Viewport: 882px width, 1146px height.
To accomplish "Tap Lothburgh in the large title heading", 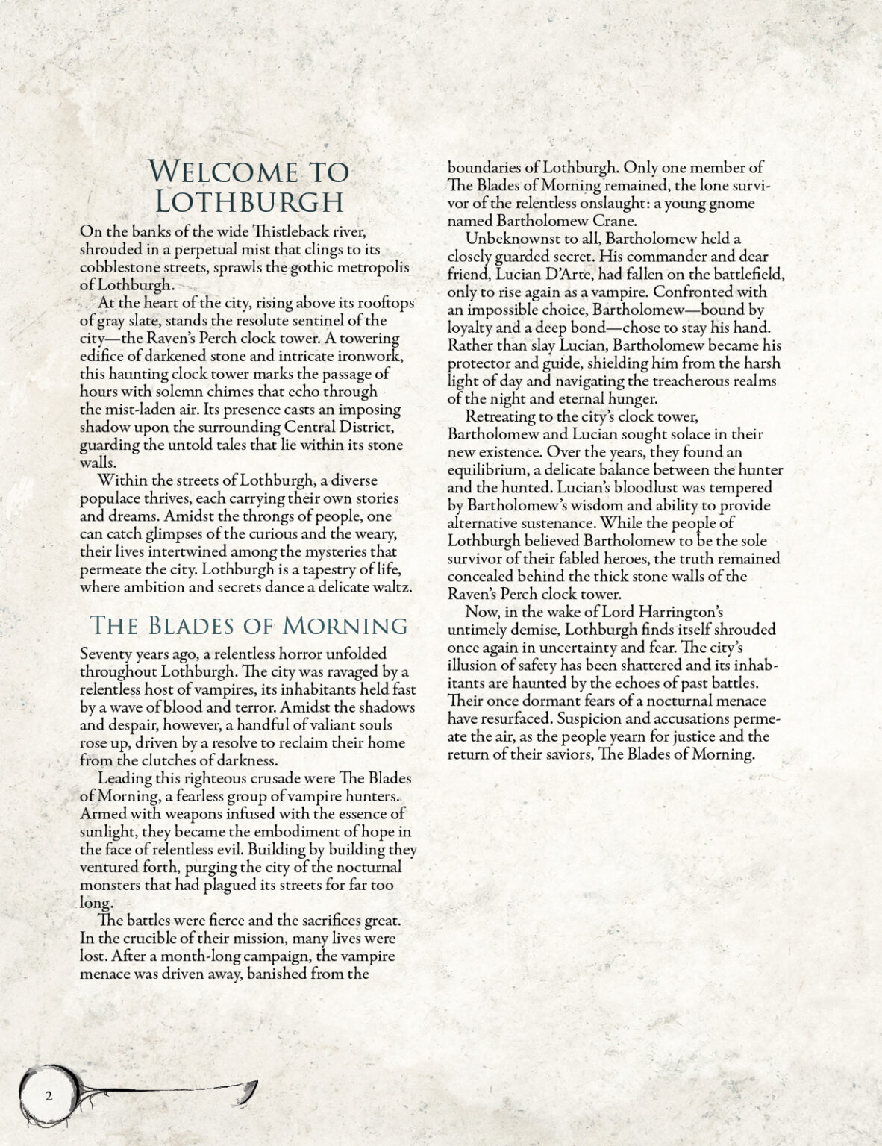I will (248, 202).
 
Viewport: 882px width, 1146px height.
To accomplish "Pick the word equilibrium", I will (488, 470).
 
